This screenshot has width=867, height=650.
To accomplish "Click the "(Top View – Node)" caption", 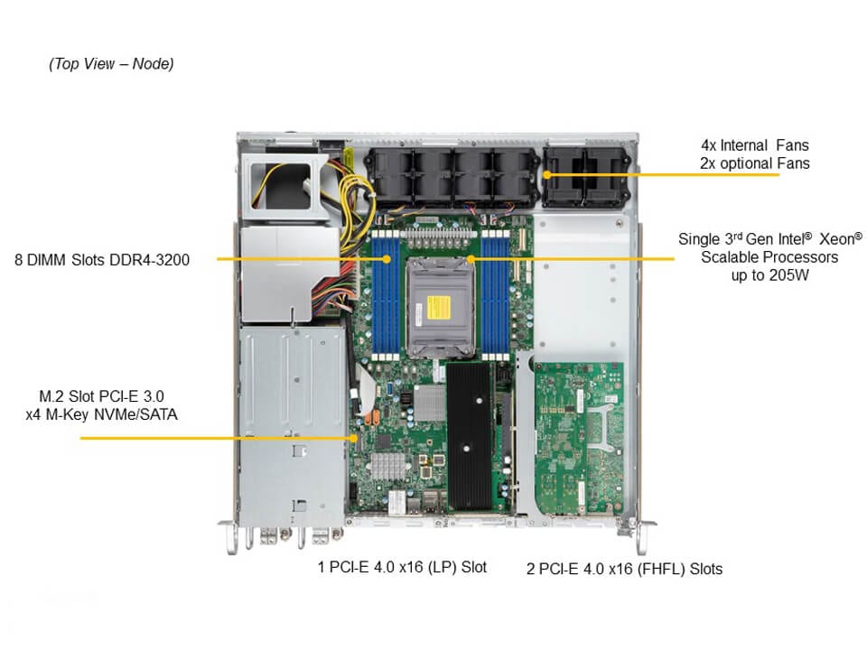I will tap(111, 64).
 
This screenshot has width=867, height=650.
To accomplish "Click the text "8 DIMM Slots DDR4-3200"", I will tap(102, 259).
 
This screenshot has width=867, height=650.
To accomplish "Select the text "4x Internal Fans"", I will tap(755, 144).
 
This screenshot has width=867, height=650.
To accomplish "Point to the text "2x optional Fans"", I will tap(755, 163).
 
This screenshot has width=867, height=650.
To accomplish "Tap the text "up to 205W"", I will tap(770, 275).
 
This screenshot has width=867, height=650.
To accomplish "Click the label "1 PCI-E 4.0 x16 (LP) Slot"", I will tap(402, 567).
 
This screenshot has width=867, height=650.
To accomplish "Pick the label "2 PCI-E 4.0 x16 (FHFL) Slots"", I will tap(624, 569).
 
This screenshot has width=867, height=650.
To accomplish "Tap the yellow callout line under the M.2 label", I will tap(217, 438).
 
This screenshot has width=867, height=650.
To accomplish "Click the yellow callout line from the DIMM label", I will tap(289, 259).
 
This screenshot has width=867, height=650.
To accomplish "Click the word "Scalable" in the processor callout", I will tap(728, 257).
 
